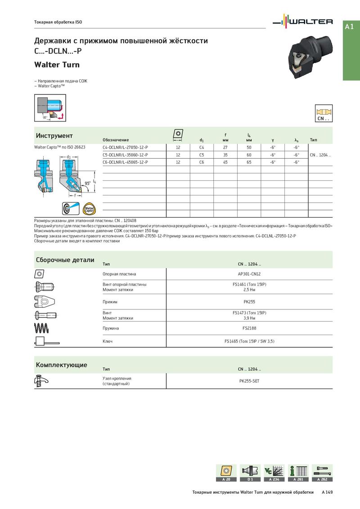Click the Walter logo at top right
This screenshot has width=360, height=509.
pos(304,22)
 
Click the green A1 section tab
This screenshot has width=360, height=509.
pos(351,27)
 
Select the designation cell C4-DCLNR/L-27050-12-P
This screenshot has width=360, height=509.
pos(125,147)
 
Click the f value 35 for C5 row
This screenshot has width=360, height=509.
pos(225,155)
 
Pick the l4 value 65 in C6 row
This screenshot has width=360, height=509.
pos(249,162)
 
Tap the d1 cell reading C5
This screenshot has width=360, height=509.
pos(202,155)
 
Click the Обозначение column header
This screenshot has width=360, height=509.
pos(116,140)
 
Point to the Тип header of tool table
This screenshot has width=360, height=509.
pos(314,140)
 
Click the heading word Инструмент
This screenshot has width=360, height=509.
pos(54,136)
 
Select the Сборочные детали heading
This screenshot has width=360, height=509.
pos(65,260)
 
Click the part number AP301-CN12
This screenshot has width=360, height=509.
pos(249,274)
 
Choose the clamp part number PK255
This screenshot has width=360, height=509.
pos(249,302)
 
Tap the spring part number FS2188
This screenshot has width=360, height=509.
pos(249,328)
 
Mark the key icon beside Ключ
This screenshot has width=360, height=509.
pos(46,342)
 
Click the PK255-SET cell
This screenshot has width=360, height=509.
pos(249,381)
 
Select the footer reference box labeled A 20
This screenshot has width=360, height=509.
pos(226,473)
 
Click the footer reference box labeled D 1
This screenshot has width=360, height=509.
pos(250,473)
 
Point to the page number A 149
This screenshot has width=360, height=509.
pos(327,493)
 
